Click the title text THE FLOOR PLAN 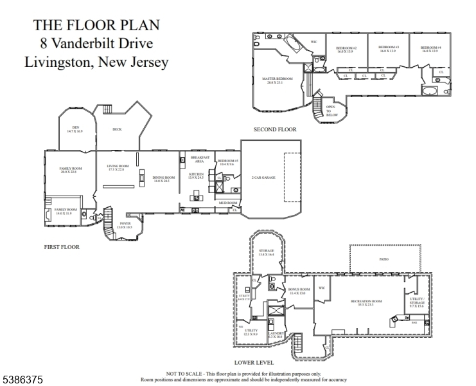point(96,25)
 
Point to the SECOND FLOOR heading point(275,129)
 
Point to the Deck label point(117,129)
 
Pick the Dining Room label point(164,179)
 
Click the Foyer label point(125,225)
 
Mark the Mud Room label point(224,203)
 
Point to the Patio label point(384,259)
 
